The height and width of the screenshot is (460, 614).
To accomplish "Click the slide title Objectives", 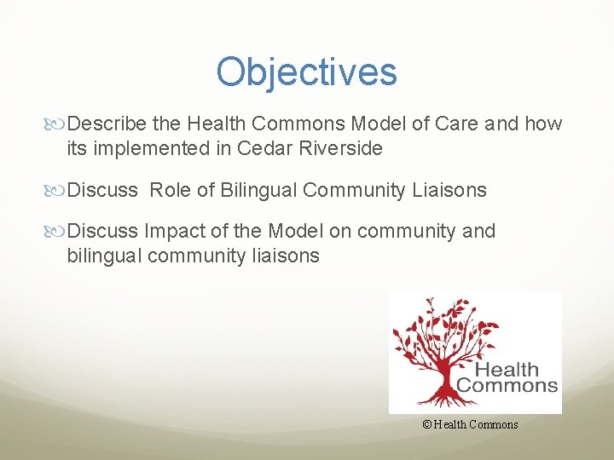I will [306, 72].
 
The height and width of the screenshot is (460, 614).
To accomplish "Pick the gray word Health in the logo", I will [507, 370].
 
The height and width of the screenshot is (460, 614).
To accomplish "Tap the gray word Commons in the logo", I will [507, 385].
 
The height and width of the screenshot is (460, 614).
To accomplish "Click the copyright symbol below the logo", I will [426, 425].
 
